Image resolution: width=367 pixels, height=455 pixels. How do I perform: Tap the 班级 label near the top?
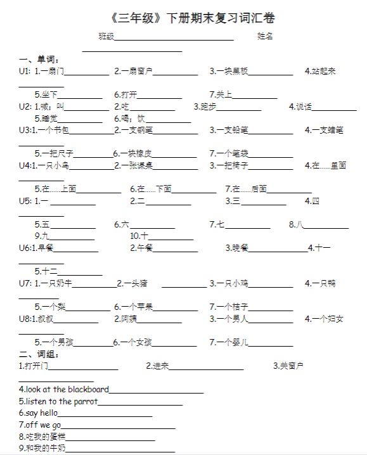click(x=106, y=36)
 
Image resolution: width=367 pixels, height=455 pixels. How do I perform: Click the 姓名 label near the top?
click(x=265, y=36)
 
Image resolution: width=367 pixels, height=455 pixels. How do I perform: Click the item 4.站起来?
click(x=320, y=71)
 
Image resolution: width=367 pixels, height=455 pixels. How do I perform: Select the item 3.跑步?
click(x=205, y=106)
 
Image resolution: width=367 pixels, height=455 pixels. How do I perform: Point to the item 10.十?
click(x=139, y=236)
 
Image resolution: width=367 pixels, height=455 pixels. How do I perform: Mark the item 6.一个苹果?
click(x=134, y=307)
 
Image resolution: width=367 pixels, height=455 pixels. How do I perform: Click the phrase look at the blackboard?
click(x=63, y=389)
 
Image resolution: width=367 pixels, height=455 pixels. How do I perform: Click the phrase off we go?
click(x=40, y=425)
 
